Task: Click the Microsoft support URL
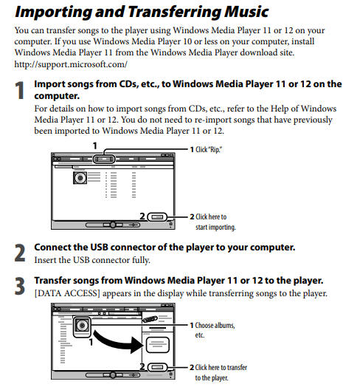click(x=71, y=64)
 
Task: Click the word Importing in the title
click(x=53, y=12)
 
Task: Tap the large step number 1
click(x=20, y=90)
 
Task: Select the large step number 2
click(x=20, y=253)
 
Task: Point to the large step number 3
click(x=20, y=286)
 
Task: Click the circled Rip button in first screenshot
click(x=104, y=159)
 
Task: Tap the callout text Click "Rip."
click(x=206, y=149)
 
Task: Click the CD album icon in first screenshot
click(x=80, y=178)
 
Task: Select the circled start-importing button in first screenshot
click(x=157, y=217)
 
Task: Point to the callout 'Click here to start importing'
click(x=213, y=222)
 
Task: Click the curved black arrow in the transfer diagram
click(x=117, y=341)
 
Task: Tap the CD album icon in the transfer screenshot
click(x=82, y=326)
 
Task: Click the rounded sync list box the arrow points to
click(x=158, y=345)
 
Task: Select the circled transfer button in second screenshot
click(x=157, y=367)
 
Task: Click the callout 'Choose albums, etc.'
click(x=212, y=330)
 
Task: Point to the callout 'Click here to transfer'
click(x=218, y=372)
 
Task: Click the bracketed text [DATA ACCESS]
click(x=67, y=293)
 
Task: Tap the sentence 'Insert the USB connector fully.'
click(x=92, y=260)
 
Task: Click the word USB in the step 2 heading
click(x=99, y=247)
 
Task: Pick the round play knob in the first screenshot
click(x=113, y=225)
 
